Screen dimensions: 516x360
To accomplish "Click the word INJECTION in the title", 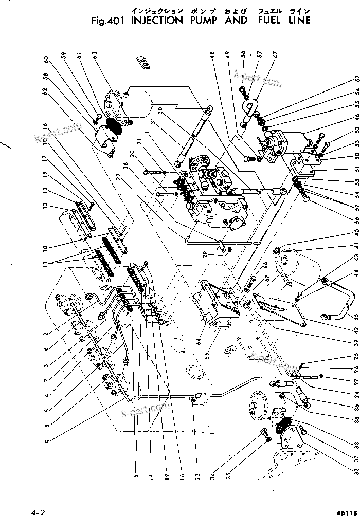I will point(157,21).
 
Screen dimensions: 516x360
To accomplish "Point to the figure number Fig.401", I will point(109,21).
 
